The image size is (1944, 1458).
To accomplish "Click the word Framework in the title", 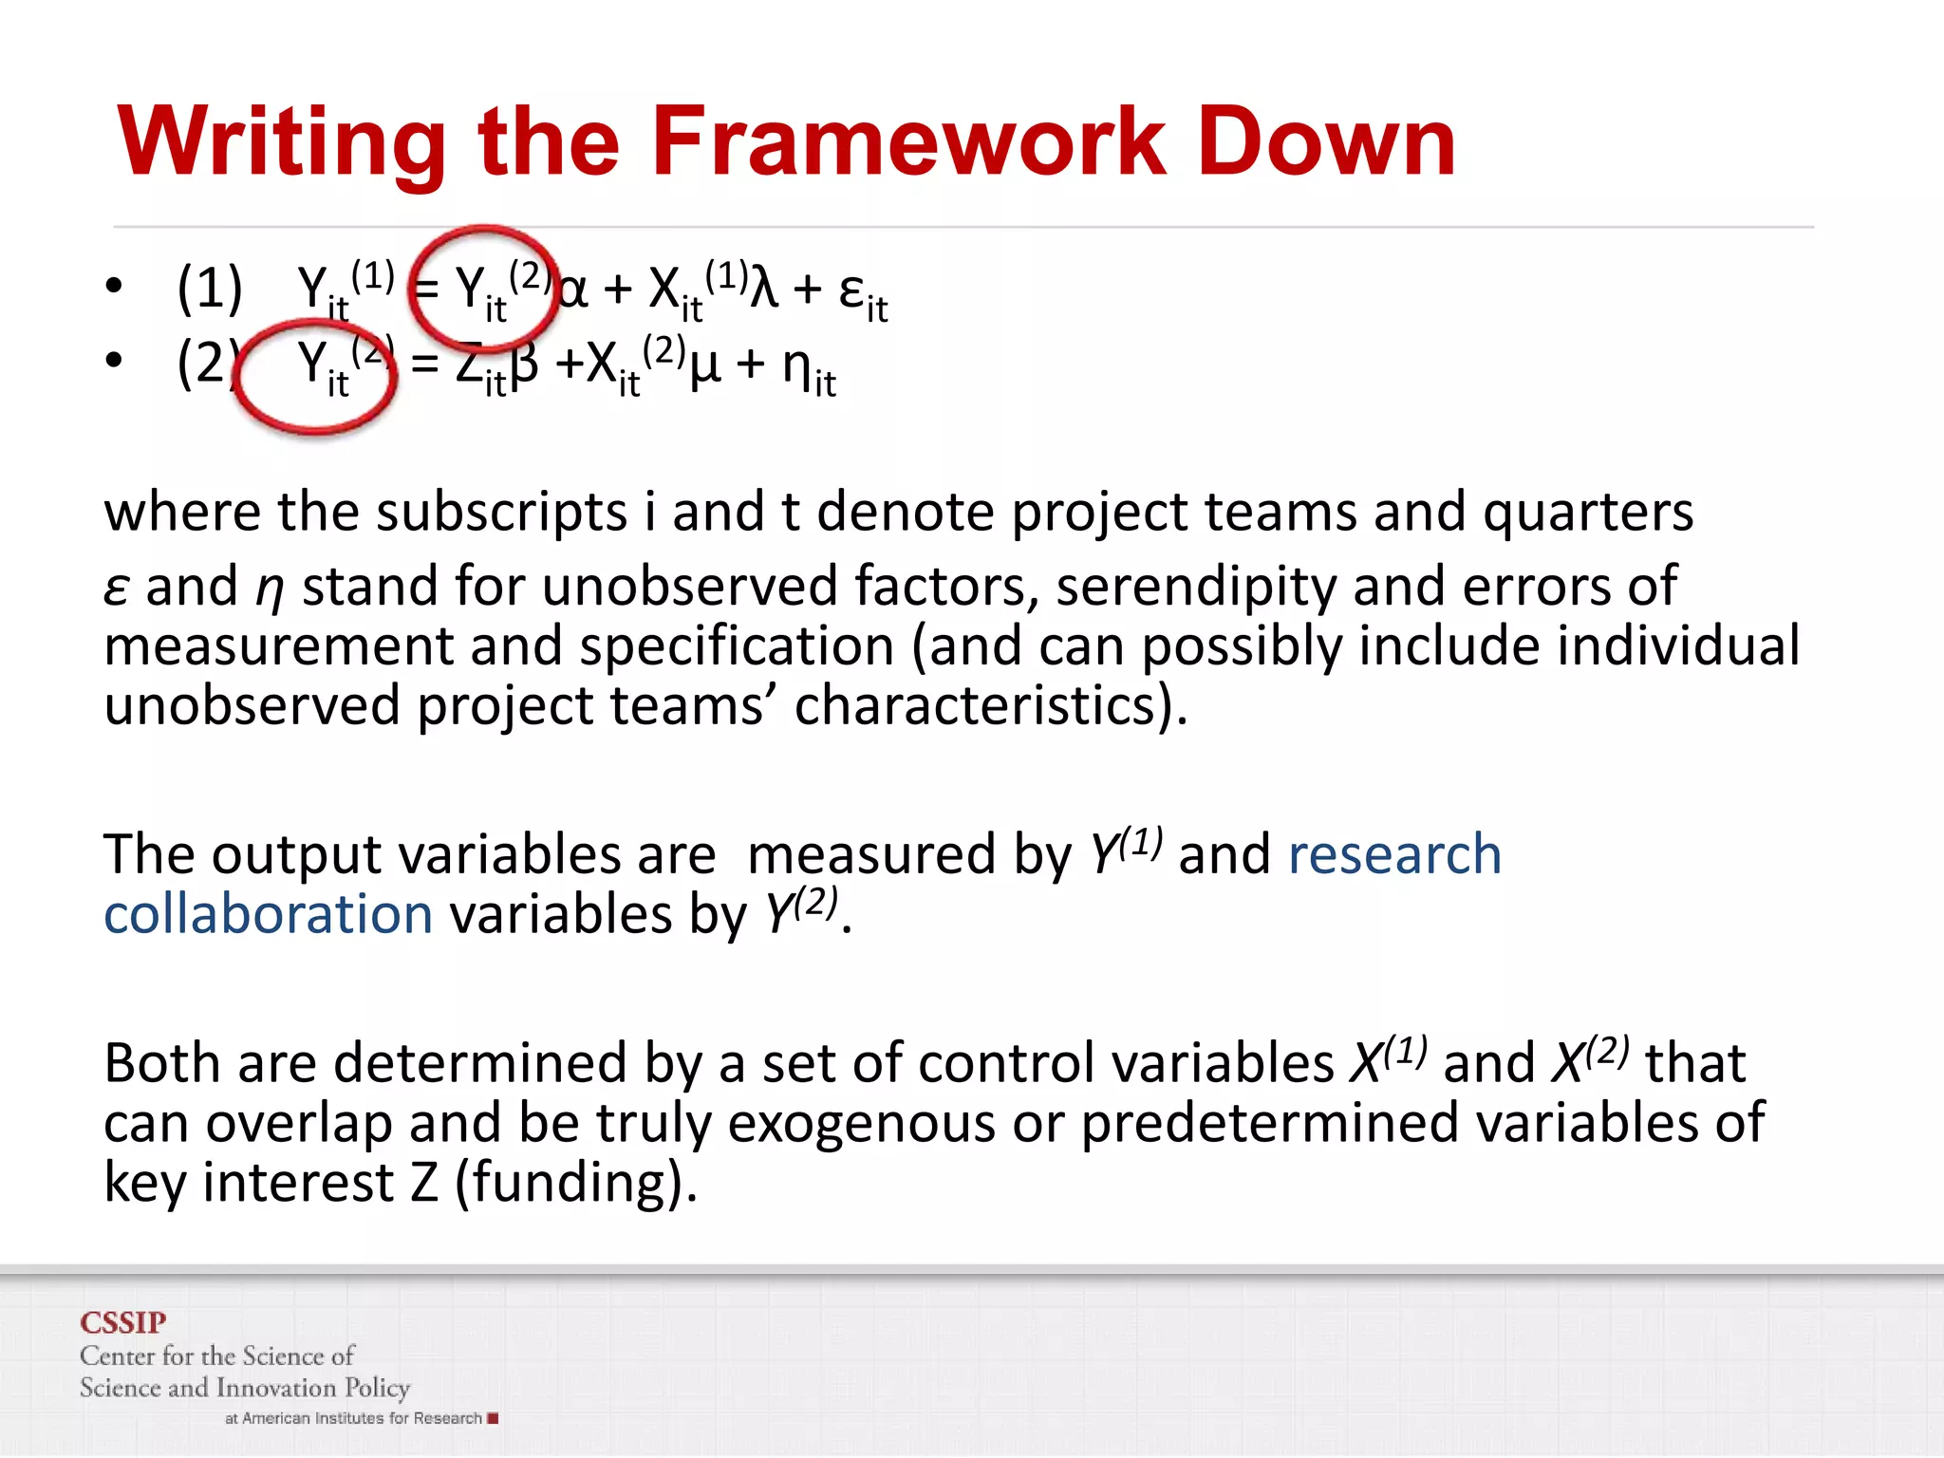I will click(x=908, y=142).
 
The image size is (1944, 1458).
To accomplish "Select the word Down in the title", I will click(x=1326, y=142).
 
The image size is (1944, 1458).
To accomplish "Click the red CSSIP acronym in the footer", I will click(x=123, y=1322).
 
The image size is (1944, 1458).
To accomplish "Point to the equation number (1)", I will click(x=210, y=289).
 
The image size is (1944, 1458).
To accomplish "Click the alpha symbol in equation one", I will click(x=572, y=289).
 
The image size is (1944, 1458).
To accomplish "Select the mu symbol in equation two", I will click(x=704, y=365).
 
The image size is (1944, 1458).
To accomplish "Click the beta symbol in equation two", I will click(x=524, y=365).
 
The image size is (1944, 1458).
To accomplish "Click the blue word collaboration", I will click(x=269, y=914).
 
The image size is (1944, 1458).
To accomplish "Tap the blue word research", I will click(x=1394, y=854).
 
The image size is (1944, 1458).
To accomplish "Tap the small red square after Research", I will click(x=493, y=1419).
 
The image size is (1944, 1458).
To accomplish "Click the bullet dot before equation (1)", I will click(x=114, y=286).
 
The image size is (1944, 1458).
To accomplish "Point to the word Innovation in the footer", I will click(x=276, y=1388).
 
